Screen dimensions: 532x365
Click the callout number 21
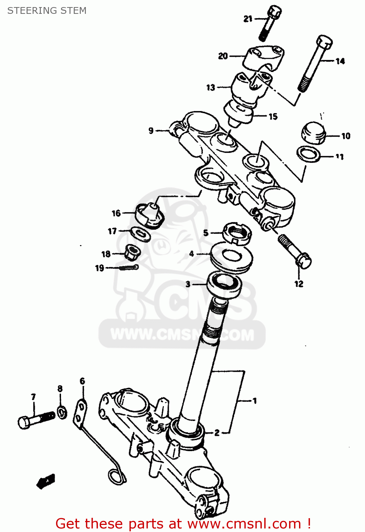tap(248, 19)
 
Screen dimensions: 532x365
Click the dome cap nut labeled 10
tap(314, 133)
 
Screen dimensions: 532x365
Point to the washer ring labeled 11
tap(308, 154)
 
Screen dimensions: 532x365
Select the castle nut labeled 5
tap(237, 233)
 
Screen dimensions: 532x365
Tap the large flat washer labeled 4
tap(231, 258)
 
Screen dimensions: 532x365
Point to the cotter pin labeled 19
tap(128, 268)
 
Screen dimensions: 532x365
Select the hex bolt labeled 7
tap(35, 420)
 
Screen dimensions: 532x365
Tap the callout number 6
tap(82, 381)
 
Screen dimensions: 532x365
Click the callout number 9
tap(151, 131)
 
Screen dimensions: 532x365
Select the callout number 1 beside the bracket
tap(255, 401)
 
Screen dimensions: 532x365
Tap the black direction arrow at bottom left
tap(46, 481)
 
